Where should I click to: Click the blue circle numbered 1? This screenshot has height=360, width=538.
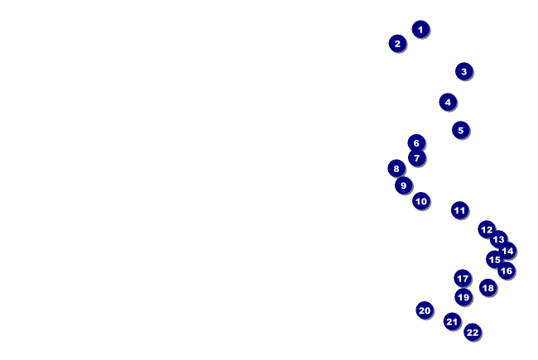click(420, 29)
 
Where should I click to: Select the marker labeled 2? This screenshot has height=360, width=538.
click(397, 43)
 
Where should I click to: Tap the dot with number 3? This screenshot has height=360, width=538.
click(464, 71)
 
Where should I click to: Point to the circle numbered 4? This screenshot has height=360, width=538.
click(448, 102)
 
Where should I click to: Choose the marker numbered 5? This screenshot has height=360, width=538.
click(461, 130)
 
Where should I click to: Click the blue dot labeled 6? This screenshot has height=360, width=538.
click(416, 143)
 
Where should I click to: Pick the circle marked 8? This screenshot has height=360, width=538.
click(396, 168)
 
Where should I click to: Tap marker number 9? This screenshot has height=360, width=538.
click(404, 185)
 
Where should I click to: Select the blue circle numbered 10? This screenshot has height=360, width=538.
click(421, 200)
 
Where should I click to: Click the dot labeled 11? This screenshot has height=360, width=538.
click(459, 210)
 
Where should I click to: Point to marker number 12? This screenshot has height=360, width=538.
click(487, 229)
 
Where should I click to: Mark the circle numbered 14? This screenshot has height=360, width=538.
click(507, 251)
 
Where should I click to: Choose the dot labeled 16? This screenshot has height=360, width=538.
click(506, 271)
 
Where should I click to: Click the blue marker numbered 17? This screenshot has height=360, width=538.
click(463, 278)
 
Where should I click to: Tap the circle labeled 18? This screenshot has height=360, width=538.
click(488, 288)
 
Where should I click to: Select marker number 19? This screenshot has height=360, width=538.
click(464, 297)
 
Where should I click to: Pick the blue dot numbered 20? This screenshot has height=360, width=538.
click(425, 310)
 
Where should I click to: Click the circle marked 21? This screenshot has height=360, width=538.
click(452, 321)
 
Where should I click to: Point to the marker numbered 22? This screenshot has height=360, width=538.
click(472, 333)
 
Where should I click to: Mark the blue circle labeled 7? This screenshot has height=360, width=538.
click(416, 158)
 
